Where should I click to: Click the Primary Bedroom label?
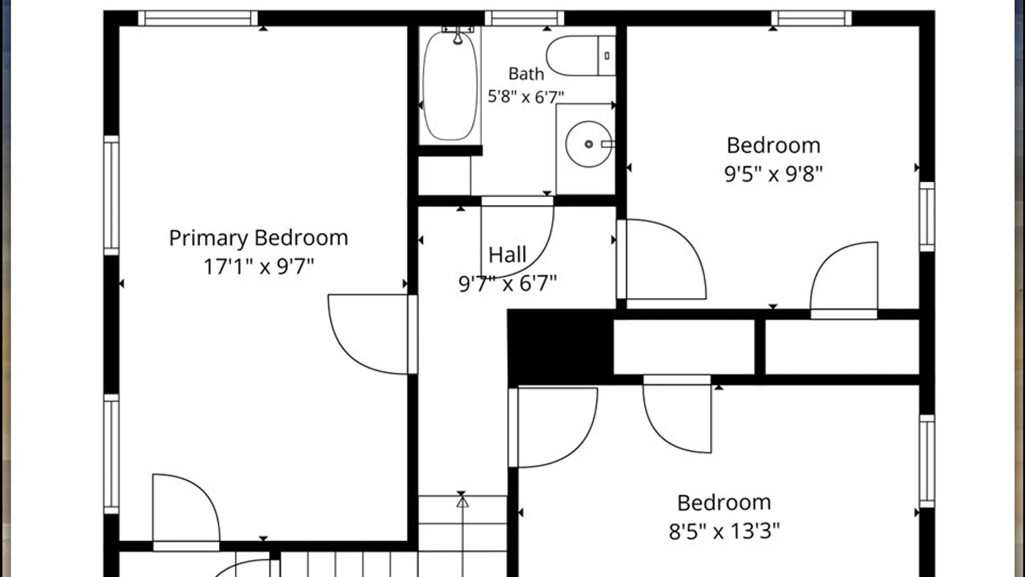[x=258, y=238]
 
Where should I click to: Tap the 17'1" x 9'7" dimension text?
[x=259, y=266]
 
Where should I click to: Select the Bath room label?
[x=526, y=74]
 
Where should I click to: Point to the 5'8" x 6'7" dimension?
[x=526, y=97]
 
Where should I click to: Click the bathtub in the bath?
[x=450, y=85]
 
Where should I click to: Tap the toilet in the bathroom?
[x=581, y=56]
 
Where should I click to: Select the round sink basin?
[x=588, y=144]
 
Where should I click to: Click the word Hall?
[x=507, y=255]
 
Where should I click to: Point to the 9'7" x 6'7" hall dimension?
[x=508, y=283]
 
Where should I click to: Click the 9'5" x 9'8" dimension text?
[x=773, y=174]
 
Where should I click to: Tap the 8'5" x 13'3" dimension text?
[x=724, y=531]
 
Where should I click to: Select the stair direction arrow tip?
[x=462, y=498]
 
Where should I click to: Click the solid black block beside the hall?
[x=559, y=346]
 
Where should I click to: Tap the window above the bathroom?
[x=524, y=18]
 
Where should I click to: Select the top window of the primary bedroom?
[x=198, y=18]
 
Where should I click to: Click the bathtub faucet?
[x=458, y=34]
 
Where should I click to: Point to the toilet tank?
[x=607, y=56]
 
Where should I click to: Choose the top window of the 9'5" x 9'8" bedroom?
[x=811, y=18]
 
